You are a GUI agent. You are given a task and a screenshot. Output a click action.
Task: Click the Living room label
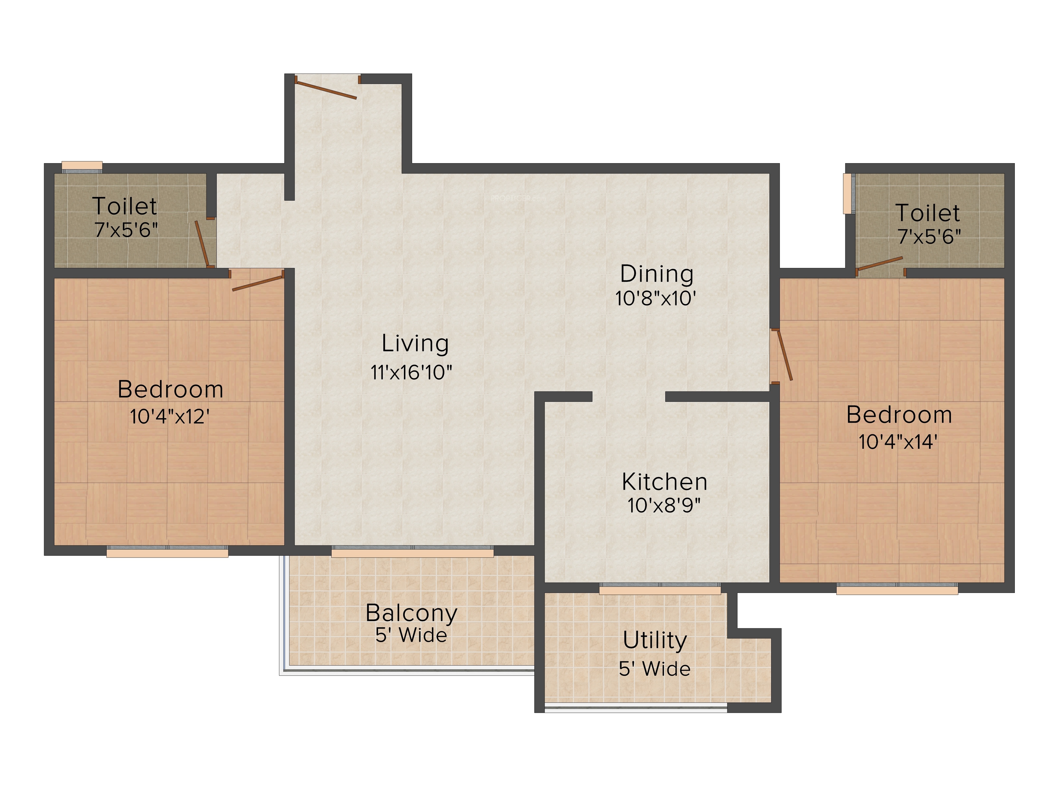tap(415, 344)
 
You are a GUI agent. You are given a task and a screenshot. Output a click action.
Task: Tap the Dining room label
tap(657, 274)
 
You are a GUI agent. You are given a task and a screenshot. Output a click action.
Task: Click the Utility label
tap(655, 641)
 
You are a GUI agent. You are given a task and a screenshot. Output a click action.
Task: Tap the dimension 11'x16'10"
tap(411, 372)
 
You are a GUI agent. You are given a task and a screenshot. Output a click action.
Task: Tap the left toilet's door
tap(202, 243)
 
